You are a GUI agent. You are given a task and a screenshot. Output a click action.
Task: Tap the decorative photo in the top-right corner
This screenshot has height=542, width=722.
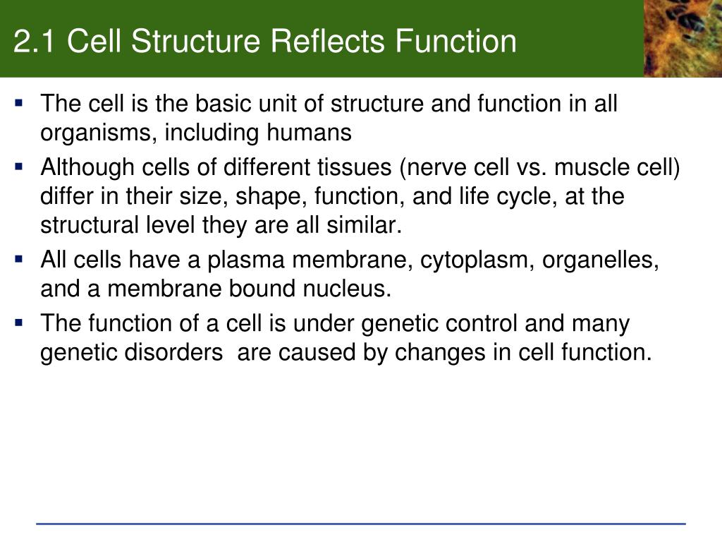tap(683, 37)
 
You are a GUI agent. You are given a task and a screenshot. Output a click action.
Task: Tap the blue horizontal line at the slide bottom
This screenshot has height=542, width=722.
tap(361, 524)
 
